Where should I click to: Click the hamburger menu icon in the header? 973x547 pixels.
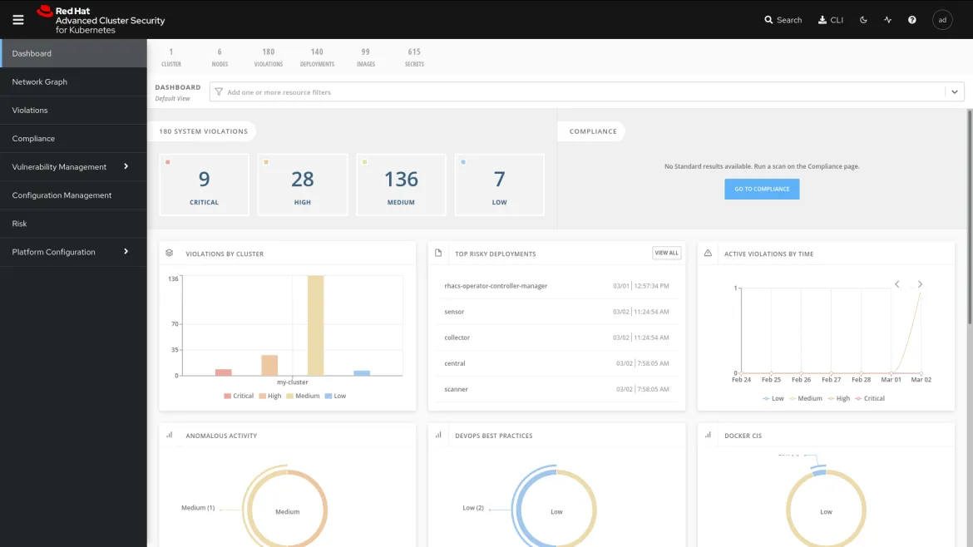pos(18,20)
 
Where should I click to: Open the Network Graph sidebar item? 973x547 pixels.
pos(40,81)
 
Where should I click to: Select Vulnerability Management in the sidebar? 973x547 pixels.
pos(60,166)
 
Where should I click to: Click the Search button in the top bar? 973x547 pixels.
pos(783,20)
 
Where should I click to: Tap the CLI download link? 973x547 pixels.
pos(831,20)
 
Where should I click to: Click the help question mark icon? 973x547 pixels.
pos(912,20)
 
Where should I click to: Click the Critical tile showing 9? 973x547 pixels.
pos(204,185)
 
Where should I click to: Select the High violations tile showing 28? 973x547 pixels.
pos(303,185)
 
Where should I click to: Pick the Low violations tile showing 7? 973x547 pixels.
pos(499,185)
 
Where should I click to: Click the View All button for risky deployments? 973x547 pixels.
pos(666,253)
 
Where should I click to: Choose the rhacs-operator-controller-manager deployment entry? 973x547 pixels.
pos(496,286)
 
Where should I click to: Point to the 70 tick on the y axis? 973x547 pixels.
pos(175,324)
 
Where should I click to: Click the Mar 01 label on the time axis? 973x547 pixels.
pos(891,380)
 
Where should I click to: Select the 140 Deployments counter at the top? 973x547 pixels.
pos(317,57)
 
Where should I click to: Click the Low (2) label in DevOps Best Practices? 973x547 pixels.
pos(473,508)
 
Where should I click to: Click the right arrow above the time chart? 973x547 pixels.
pos(920,284)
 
